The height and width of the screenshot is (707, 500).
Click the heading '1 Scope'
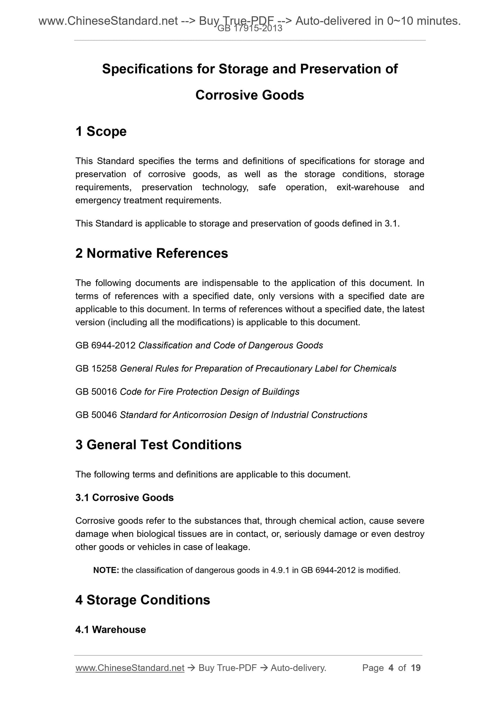pos(101,131)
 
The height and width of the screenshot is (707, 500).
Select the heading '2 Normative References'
pos(152,254)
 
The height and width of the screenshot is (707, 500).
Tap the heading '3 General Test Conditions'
pos(158,445)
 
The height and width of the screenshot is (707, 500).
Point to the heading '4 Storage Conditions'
pos(143,600)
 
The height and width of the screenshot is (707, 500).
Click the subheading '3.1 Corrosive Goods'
pos(125,497)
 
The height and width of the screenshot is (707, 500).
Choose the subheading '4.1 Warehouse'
pos(110,630)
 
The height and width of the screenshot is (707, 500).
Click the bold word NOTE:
pos(106,570)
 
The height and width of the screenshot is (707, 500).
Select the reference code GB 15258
pos(96,369)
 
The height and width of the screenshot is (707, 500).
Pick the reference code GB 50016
pos(96,392)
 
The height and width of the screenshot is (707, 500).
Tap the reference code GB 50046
pos(96,415)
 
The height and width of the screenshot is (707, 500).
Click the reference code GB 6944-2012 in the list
pos(105,346)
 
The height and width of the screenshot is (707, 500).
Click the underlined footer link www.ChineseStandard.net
pos(130,668)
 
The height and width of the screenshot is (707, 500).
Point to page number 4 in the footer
pos(391,668)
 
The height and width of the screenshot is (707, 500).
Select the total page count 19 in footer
pos(416,668)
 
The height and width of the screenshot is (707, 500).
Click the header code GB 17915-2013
pos(250,29)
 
